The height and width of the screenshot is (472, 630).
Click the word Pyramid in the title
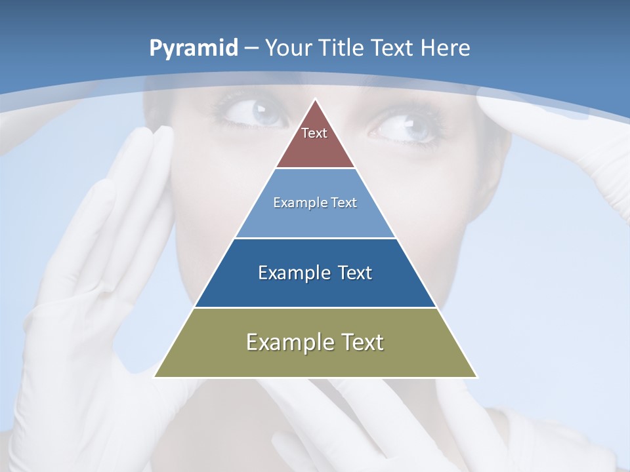(x=193, y=49)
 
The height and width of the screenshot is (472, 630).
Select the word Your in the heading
(x=289, y=49)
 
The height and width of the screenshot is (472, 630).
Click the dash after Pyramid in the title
(x=251, y=49)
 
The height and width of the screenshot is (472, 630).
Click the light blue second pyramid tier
(x=315, y=220)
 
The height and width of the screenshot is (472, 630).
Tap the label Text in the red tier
(x=314, y=133)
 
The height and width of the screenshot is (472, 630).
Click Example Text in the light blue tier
(x=315, y=203)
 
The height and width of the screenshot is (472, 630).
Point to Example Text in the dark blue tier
(x=315, y=273)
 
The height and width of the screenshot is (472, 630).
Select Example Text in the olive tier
(x=315, y=342)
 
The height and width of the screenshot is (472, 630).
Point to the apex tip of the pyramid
(x=315, y=100)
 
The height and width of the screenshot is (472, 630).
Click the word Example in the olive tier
(x=285, y=342)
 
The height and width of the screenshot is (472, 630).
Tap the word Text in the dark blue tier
(x=354, y=273)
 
